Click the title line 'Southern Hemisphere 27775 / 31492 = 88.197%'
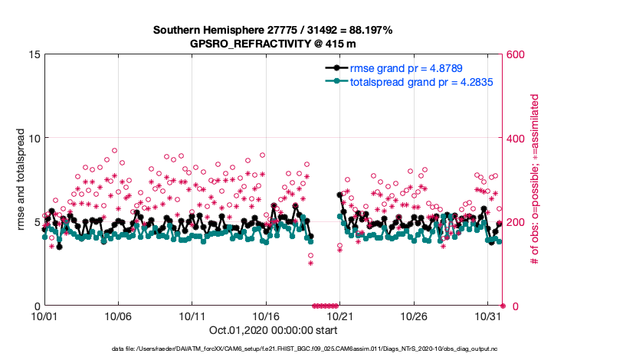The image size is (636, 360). pyautogui.click(x=273, y=31)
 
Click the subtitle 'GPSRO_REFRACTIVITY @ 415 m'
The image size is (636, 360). pyautogui.click(x=273, y=44)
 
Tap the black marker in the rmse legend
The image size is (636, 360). pyautogui.click(x=334, y=68)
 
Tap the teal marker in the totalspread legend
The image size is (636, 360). pyautogui.click(x=334, y=80)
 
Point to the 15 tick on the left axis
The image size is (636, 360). pyautogui.click(x=34, y=54)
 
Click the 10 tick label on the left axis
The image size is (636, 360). pyautogui.click(x=34, y=138)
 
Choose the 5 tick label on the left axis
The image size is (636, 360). pyautogui.click(x=37, y=222)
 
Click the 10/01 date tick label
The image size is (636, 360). pyautogui.click(x=44, y=316)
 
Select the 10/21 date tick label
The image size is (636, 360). pyautogui.click(x=339, y=316)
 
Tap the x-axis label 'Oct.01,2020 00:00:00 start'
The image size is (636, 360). pyautogui.click(x=273, y=330)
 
